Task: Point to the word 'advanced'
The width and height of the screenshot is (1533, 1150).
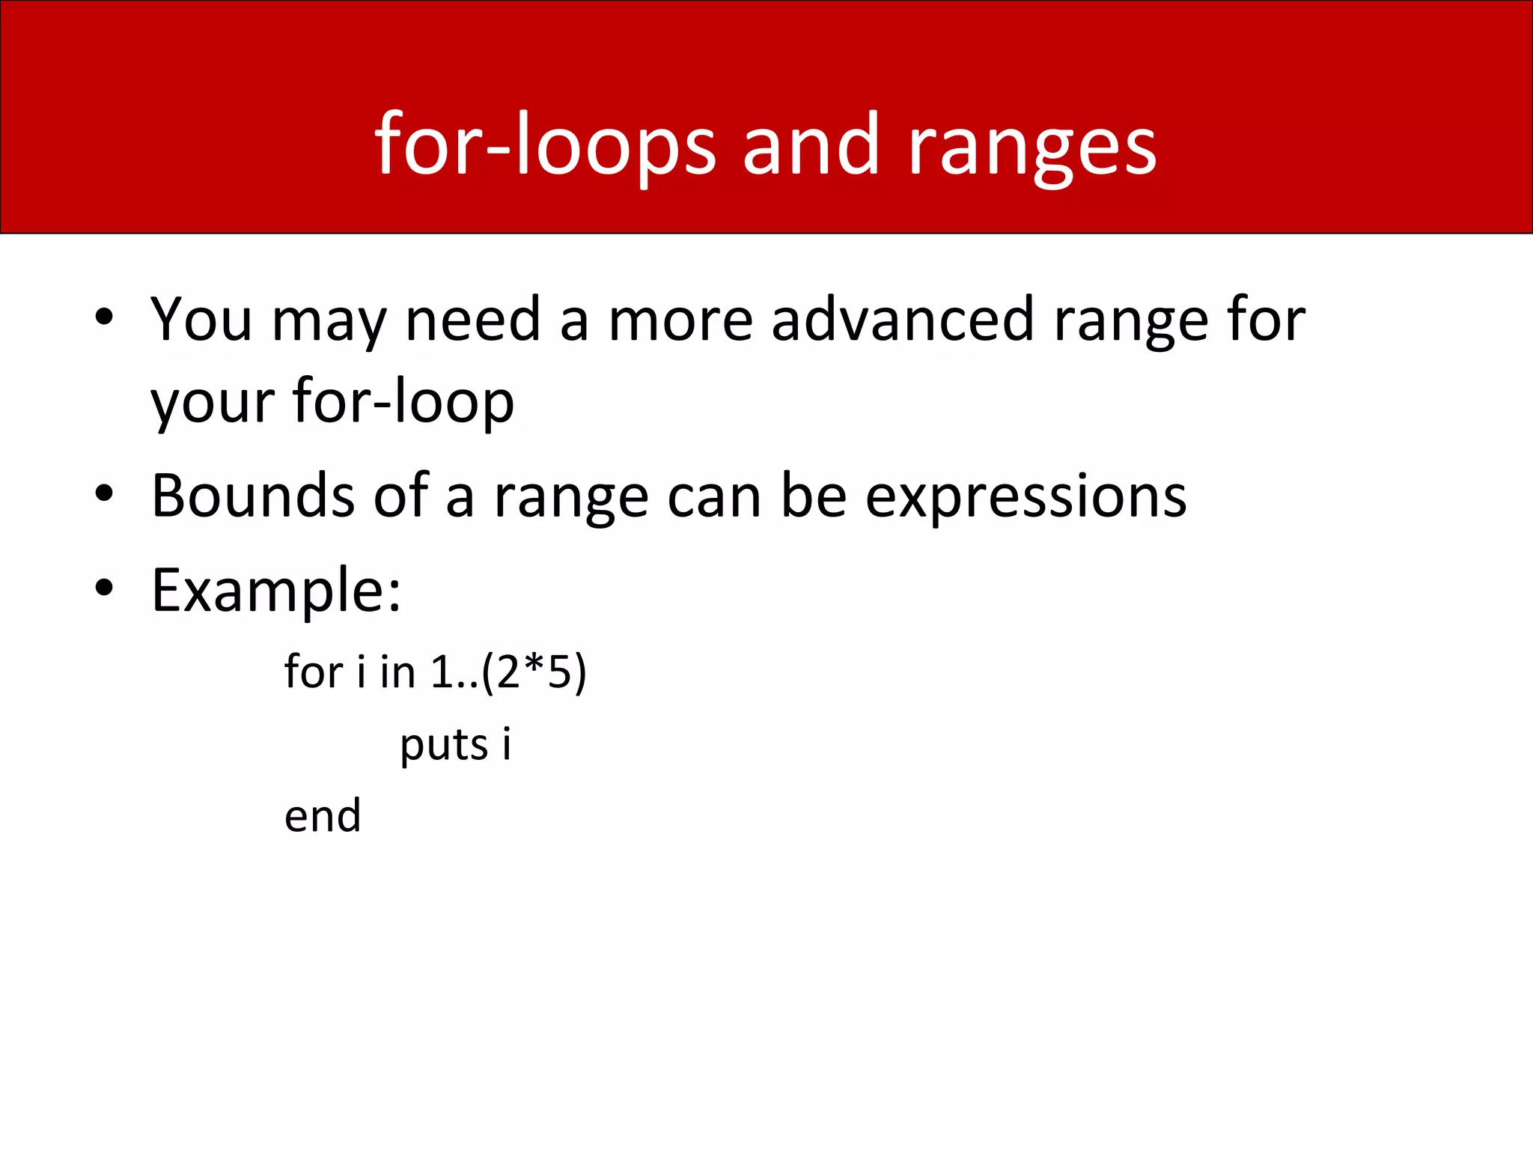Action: click(902, 320)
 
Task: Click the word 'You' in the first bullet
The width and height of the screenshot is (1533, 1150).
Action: click(201, 320)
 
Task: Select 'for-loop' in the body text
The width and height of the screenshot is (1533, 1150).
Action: click(403, 402)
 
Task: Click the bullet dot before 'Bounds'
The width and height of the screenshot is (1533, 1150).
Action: click(104, 493)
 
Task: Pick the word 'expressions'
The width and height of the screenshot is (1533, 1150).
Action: click(1025, 498)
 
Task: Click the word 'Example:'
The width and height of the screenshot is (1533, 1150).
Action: click(276, 591)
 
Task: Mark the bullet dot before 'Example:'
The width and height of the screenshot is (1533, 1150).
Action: click(104, 588)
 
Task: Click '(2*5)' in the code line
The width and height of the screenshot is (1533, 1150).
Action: click(534, 672)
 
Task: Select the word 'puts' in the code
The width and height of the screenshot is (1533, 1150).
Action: click(444, 745)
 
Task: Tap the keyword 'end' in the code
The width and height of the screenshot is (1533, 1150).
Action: click(323, 815)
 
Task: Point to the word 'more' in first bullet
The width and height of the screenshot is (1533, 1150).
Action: click(680, 320)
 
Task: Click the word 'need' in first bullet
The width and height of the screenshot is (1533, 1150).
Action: click(472, 320)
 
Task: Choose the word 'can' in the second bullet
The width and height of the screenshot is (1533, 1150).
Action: click(714, 498)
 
